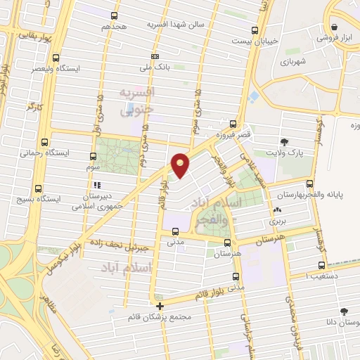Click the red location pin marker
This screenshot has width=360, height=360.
181,164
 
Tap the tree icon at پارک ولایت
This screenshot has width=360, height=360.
284,141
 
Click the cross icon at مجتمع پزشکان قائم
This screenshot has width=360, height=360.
160,305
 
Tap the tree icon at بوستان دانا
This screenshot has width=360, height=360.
343,311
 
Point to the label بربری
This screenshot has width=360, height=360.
277,221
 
